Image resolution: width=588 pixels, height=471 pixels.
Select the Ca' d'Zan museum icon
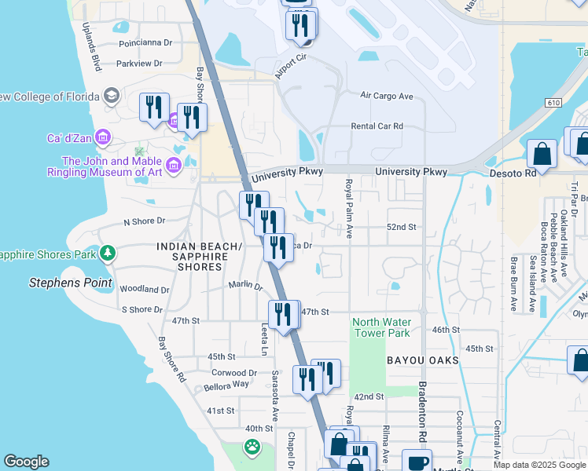coord(101,138)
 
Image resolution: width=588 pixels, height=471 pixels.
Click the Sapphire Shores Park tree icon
coord(107,254)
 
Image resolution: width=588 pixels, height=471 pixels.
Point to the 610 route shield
coord(553,102)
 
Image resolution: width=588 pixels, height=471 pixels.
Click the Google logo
coord(27,462)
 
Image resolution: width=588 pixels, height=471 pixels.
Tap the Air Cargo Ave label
coord(386,96)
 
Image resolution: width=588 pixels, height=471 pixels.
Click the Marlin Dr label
coord(245,286)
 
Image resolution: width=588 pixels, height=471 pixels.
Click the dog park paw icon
coord(252,448)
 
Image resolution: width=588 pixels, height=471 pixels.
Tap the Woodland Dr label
coord(144,290)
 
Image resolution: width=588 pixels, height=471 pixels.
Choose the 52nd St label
coord(400,227)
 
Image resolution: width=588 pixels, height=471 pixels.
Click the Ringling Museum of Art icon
coord(173,164)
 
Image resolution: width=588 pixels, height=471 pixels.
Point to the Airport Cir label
coord(289,68)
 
